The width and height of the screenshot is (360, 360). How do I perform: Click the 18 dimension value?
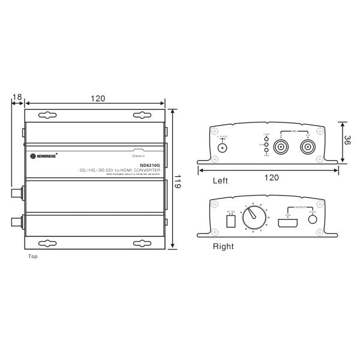[17, 97]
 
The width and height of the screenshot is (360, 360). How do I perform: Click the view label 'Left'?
[221, 179]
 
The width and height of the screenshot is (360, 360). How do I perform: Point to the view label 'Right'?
[223, 246]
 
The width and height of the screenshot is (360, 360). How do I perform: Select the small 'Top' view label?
[33, 256]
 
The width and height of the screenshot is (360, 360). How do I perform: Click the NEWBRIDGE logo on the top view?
[43, 156]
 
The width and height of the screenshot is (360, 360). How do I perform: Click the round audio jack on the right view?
[313, 219]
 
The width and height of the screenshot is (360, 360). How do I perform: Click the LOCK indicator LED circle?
[266, 139]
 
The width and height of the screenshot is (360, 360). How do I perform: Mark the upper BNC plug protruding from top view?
[17, 193]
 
